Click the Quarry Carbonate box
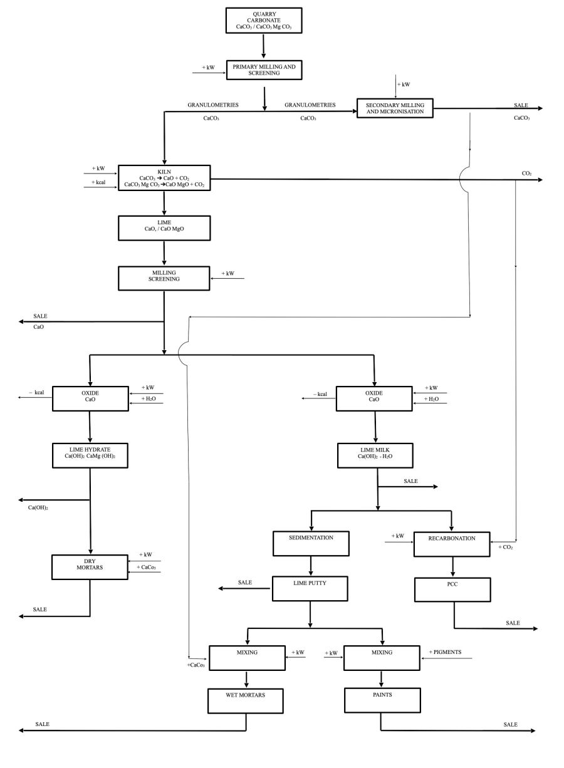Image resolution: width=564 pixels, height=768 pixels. click(x=263, y=20)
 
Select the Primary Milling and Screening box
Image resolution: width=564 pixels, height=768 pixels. click(x=264, y=70)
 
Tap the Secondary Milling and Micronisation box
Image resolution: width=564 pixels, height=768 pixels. click(x=395, y=108)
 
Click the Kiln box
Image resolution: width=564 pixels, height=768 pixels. click(x=164, y=177)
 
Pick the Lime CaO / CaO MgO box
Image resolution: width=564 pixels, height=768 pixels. click(x=164, y=228)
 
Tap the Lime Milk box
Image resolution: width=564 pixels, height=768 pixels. click(x=375, y=455)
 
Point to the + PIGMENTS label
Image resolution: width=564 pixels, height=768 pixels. click(x=445, y=652)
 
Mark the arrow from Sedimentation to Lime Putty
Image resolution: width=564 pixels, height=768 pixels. click(x=311, y=566)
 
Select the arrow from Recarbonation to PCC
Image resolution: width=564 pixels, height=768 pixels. click(x=451, y=566)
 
